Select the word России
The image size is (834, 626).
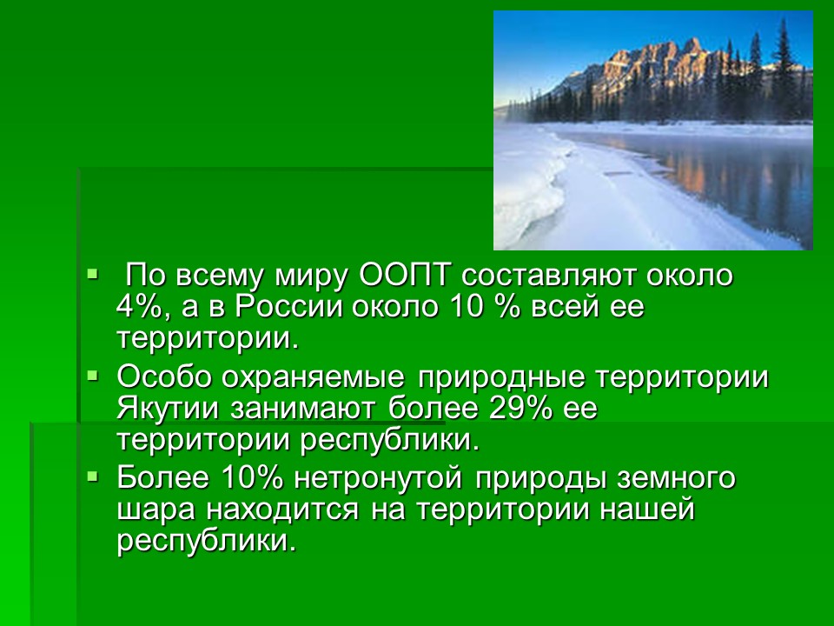(288, 308)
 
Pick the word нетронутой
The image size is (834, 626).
(378, 477)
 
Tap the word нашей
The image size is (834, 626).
(648, 509)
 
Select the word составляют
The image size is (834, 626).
(548, 276)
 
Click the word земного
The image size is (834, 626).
(677, 477)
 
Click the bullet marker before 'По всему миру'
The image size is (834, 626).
(93, 275)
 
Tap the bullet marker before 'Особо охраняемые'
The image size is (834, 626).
(93, 376)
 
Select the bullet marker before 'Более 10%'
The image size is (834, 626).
(93, 476)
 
